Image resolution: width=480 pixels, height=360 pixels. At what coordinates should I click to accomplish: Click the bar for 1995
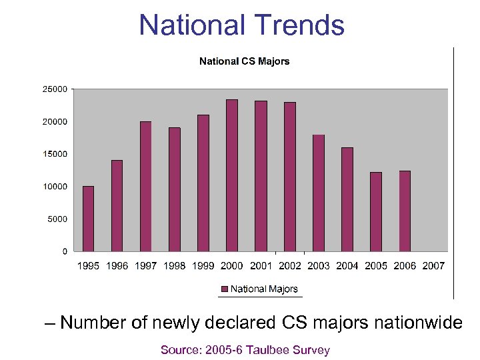pyautogui.click(x=88, y=219)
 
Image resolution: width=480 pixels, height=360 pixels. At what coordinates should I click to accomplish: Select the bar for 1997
pyautogui.click(x=145, y=186)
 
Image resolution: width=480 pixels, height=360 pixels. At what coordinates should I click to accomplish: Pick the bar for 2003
pyautogui.click(x=319, y=193)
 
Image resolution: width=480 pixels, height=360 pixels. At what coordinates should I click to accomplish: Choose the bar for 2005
pyautogui.click(x=376, y=211)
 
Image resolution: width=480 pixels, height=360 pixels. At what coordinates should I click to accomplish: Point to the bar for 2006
pyautogui.click(x=405, y=211)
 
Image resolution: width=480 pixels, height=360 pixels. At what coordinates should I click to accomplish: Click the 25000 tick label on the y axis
pyautogui.click(x=55, y=89)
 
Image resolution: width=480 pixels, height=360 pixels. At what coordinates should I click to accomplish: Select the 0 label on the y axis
pyautogui.click(x=65, y=251)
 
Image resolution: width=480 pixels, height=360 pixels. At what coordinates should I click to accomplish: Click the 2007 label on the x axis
pyautogui.click(x=433, y=266)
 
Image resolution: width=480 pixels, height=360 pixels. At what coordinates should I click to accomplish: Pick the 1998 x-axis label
pyautogui.click(x=175, y=266)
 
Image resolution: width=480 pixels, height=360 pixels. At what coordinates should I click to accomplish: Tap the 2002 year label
pyautogui.click(x=290, y=266)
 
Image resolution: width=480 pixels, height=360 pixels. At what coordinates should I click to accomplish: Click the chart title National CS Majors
pyautogui.click(x=245, y=61)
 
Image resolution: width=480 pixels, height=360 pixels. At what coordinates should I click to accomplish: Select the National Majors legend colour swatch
pyautogui.click(x=225, y=289)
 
